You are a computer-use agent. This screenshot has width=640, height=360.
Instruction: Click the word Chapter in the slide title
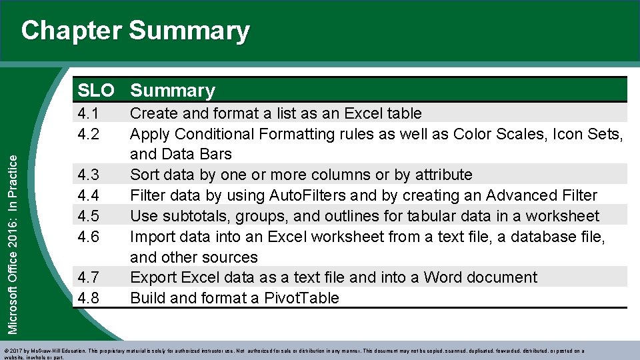pyautogui.click(x=71, y=31)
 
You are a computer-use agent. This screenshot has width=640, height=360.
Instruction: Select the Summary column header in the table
pyautogui.click(x=173, y=90)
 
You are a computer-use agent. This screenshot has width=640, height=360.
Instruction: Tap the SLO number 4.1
pyautogui.click(x=89, y=113)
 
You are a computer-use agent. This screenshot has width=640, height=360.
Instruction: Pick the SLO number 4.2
pyautogui.click(x=89, y=134)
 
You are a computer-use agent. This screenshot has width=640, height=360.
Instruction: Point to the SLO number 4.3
pyautogui.click(x=89, y=175)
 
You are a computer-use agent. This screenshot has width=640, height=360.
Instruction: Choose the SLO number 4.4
pyautogui.click(x=89, y=196)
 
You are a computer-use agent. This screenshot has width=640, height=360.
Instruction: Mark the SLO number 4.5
pyautogui.click(x=89, y=217)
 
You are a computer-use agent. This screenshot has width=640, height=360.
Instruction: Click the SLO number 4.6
pyautogui.click(x=89, y=237)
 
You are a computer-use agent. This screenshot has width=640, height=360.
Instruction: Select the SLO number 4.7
pyautogui.click(x=89, y=277)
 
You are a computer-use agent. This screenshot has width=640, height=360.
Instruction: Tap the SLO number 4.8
pyautogui.click(x=89, y=298)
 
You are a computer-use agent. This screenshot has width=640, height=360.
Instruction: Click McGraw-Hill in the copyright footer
pyautogui.click(x=49, y=351)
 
